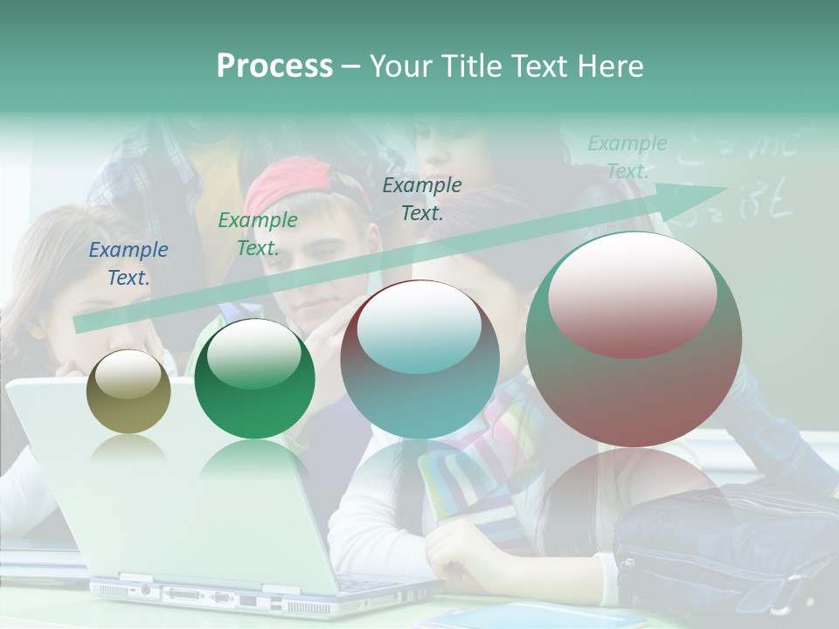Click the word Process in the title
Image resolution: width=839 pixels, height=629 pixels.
coord(274,66)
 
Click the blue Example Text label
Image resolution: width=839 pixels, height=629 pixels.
coord(128,264)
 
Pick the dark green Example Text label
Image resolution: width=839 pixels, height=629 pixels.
coord(257,234)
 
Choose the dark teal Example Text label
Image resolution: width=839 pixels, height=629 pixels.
coord(422,198)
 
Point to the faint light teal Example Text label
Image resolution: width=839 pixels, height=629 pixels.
coord(627,157)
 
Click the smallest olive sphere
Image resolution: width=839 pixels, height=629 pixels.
coord(128,391)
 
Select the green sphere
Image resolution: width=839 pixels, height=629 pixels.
coord(254,378)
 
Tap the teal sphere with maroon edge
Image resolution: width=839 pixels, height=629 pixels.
coord(419,359)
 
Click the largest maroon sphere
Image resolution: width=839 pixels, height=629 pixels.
coord(634,339)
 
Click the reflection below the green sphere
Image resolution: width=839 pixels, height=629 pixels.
coord(253,458)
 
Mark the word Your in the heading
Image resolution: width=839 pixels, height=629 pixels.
coord(404,66)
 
